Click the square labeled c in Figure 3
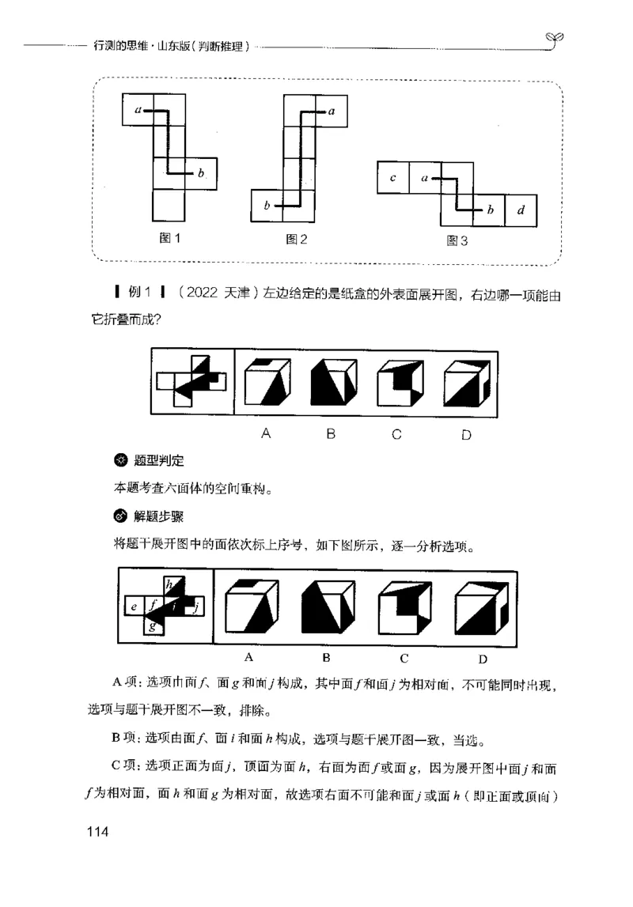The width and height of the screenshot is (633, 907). (x=393, y=178)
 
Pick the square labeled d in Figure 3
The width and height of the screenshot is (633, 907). (x=520, y=210)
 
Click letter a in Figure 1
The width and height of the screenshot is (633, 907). (x=138, y=111)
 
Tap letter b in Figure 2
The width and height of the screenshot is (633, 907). (x=267, y=206)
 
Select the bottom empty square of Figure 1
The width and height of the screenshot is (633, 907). (x=169, y=206)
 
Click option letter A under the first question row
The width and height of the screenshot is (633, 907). (x=267, y=433)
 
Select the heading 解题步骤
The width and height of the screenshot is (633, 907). (x=157, y=518)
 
